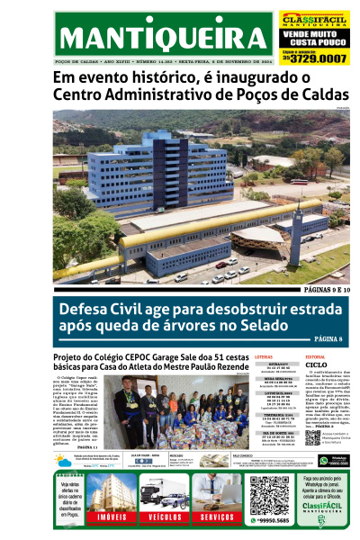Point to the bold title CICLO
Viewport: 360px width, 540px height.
click(316, 366)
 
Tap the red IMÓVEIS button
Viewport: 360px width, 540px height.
click(112, 517)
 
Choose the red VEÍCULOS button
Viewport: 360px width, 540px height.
click(165, 517)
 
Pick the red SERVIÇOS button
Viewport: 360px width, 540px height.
click(217, 517)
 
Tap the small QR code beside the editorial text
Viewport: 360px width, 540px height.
click(314, 436)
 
